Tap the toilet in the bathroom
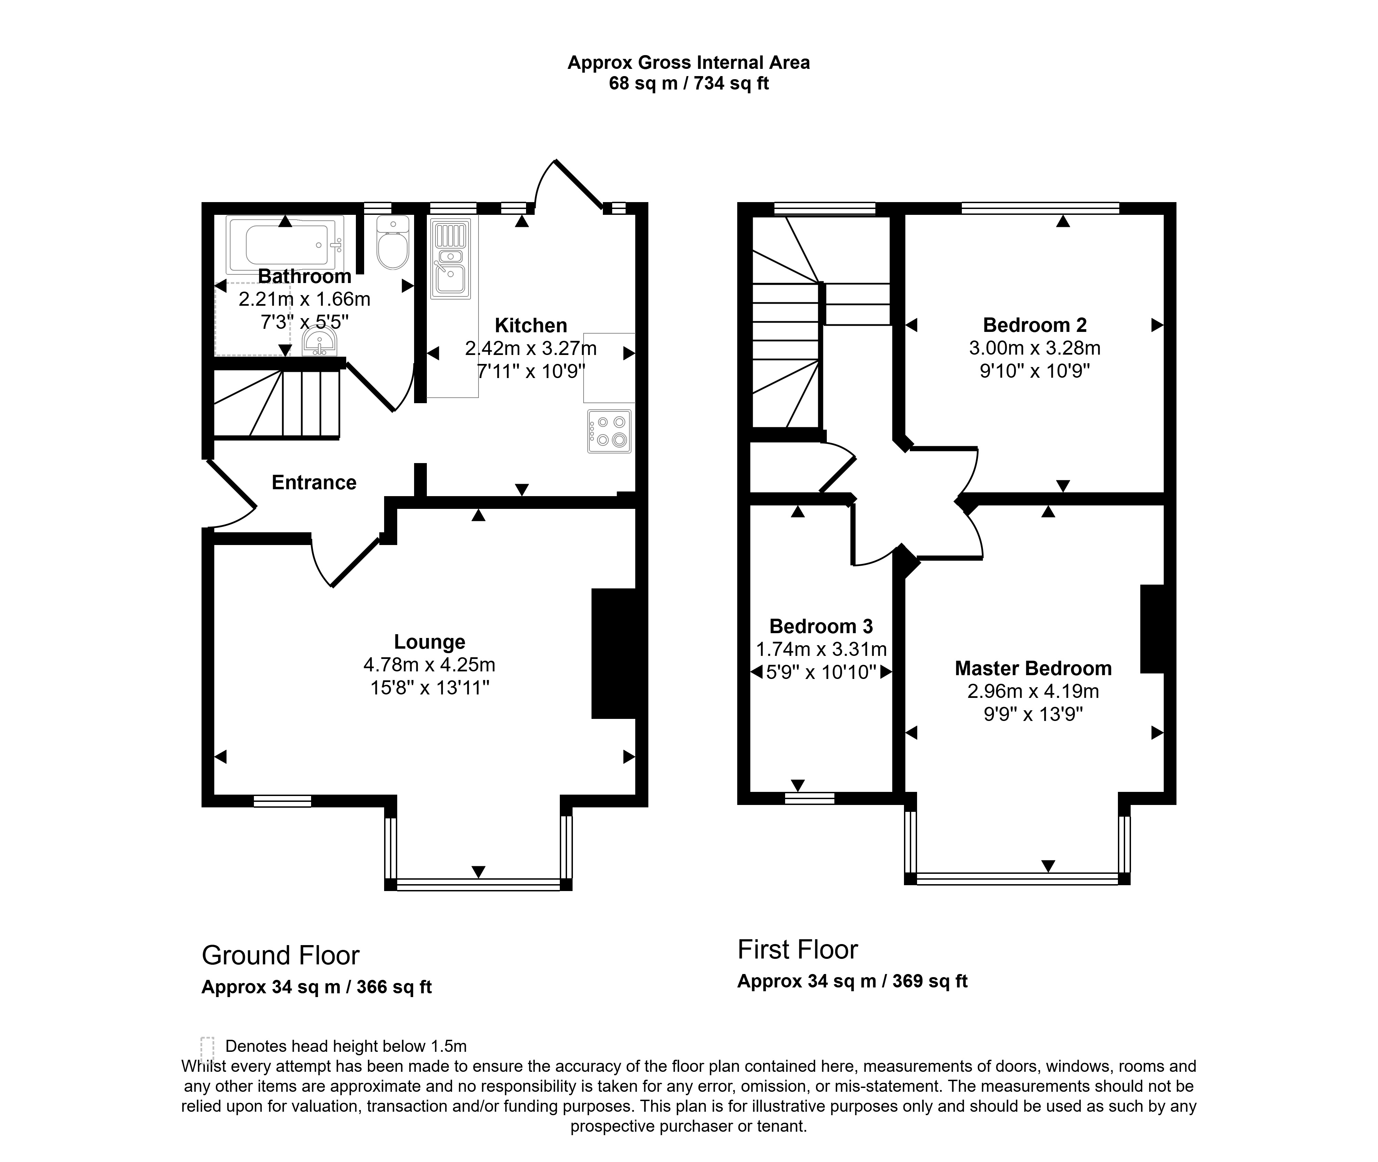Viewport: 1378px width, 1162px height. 393,242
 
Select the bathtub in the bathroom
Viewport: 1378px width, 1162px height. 285,245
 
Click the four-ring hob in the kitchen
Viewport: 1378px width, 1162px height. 609,431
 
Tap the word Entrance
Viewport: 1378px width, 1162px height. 314,482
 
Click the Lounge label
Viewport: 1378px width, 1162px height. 430,642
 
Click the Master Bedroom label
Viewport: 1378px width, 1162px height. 1033,669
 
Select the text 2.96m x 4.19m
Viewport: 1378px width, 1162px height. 1033,692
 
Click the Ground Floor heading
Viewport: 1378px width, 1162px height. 281,955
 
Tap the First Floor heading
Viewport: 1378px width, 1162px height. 798,949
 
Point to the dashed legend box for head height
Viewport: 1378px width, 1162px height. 208,1047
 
